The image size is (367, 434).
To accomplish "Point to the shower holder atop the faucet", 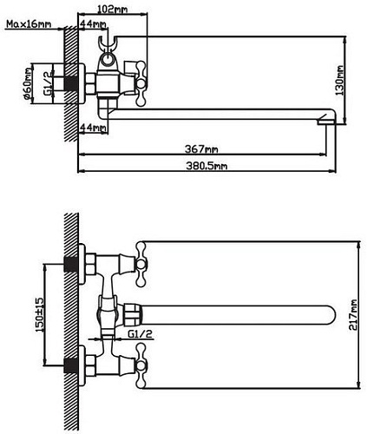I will (x=108, y=49).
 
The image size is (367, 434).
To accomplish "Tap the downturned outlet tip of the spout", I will (x=325, y=122).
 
